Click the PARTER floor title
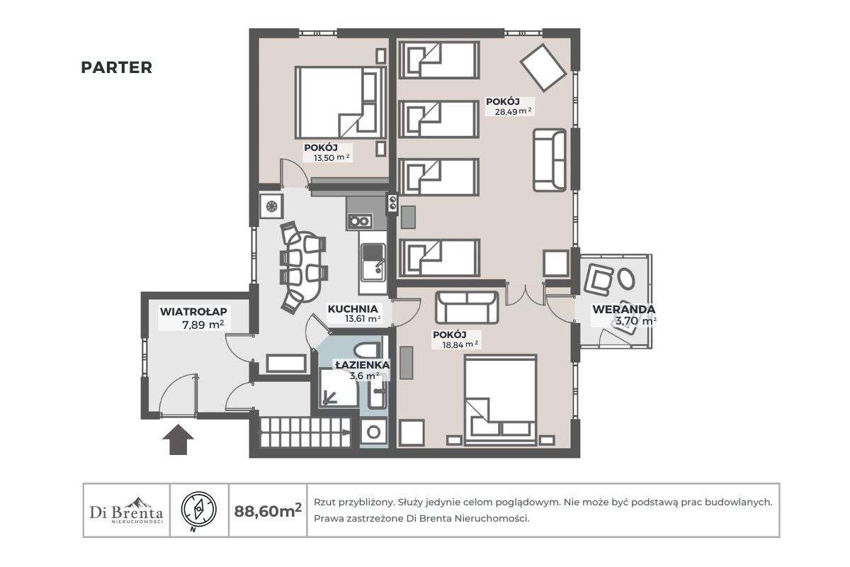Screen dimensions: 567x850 [x=116, y=67]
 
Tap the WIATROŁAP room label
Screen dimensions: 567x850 [x=193, y=311]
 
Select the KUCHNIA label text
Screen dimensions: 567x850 [x=352, y=309]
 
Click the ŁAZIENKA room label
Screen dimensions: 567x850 [x=362, y=364]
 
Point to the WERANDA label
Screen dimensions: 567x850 [x=623, y=309]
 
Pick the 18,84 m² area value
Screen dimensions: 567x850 [x=455, y=344]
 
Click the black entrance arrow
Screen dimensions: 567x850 [x=178, y=439]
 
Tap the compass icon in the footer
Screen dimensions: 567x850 [x=199, y=510]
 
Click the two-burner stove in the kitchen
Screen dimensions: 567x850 [x=359, y=221]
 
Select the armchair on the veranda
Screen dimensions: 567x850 [x=599, y=279]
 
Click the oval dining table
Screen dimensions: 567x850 [x=300, y=266]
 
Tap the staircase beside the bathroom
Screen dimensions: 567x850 [x=305, y=431]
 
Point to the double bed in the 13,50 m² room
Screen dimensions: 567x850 [x=340, y=102]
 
